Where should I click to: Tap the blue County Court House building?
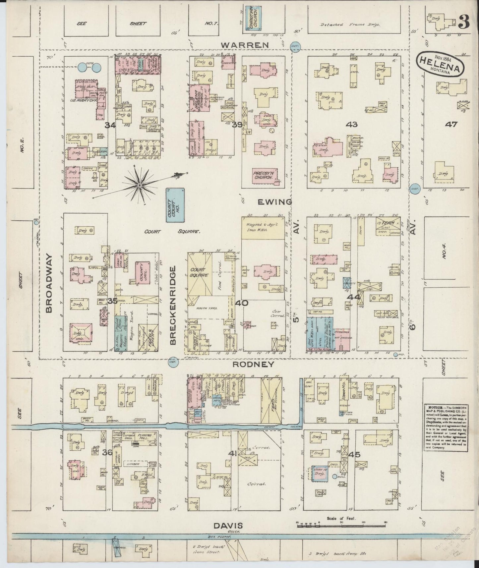175,205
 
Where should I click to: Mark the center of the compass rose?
140,185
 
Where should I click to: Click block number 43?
351,125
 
